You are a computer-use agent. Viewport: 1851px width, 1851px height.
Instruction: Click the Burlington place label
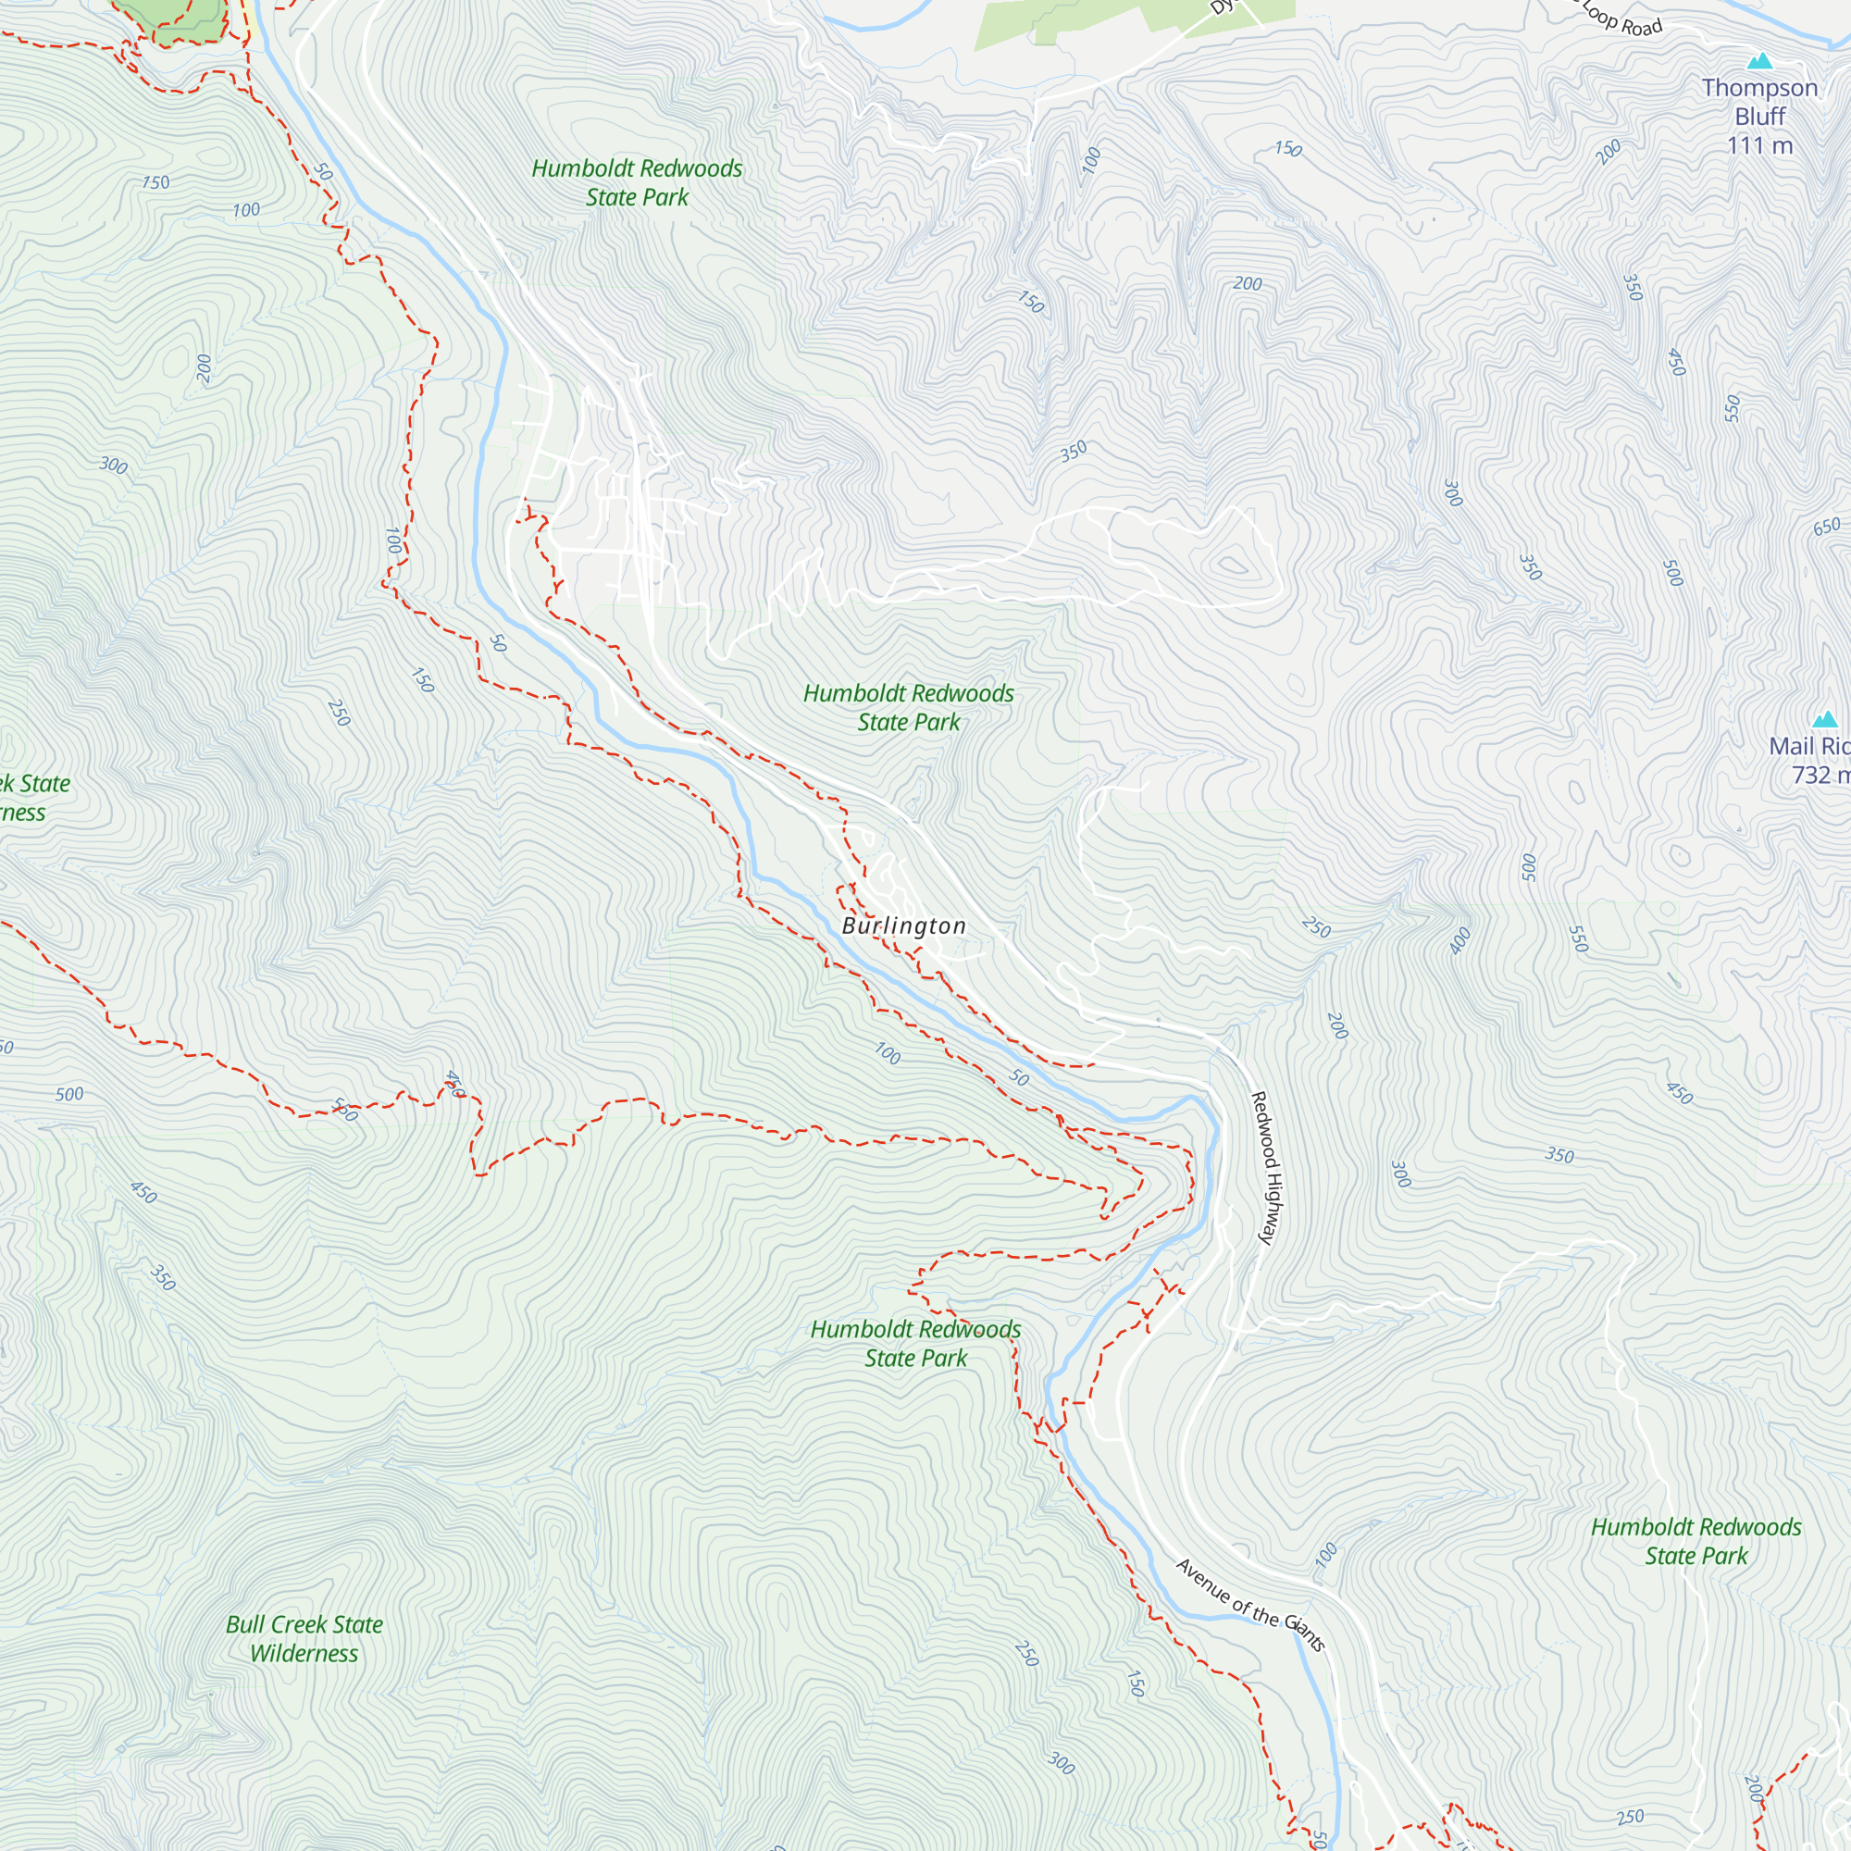point(903,925)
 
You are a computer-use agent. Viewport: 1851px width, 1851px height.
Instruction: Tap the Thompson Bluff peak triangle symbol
point(1759,62)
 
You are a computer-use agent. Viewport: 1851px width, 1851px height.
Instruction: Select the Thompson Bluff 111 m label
point(1759,115)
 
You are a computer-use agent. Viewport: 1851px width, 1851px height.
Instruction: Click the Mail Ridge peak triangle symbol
point(1825,719)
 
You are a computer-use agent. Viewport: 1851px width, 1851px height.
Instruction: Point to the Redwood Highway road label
point(1265,1168)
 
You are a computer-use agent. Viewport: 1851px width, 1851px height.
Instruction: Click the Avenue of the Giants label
point(1250,1605)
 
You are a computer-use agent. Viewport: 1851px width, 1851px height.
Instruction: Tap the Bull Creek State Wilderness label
point(304,1638)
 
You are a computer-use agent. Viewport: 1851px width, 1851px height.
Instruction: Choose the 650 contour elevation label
point(1826,527)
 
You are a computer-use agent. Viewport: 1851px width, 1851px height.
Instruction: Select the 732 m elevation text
point(1820,774)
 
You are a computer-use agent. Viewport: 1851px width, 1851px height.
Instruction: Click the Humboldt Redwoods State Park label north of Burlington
point(908,707)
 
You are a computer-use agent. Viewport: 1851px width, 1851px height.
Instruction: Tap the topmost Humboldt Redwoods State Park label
point(637,182)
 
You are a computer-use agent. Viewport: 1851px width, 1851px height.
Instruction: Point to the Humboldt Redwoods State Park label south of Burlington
point(915,1343)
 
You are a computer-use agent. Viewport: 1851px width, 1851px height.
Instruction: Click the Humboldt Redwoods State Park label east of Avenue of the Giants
point(1696,1541)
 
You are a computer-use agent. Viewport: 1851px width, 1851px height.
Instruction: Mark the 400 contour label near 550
point(1460,941)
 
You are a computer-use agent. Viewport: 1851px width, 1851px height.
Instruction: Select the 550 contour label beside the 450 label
point(1732,408)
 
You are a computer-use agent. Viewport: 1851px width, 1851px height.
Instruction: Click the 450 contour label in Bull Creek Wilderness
point(143,1192)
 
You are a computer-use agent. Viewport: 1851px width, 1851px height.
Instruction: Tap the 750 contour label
point(155,182)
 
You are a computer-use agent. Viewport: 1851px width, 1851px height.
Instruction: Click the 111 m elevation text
point(1759,145)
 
